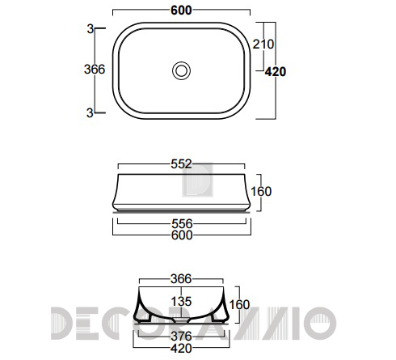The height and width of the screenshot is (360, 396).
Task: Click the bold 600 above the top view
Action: point(181,11)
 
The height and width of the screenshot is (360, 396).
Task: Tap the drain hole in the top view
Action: point(181,70)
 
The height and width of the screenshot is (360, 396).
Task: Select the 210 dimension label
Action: point(263,44)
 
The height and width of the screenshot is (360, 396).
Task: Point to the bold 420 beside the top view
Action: point(276,72)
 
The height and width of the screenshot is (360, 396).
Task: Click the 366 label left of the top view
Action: point(95,70)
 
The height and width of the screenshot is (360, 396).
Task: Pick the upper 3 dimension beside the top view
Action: point(91,29)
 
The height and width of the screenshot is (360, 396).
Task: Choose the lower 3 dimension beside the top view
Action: point(90,112)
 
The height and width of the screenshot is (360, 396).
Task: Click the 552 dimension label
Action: point(181,164)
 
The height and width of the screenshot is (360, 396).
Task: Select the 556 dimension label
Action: point(182,224)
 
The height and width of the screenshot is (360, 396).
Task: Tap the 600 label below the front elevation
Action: point(182,235)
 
